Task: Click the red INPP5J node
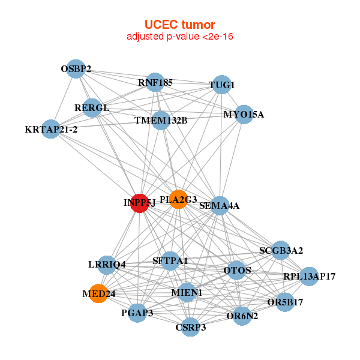pyautogui.click(x=139, y=203)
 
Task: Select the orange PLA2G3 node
pyautogui.click(x=178, y=199)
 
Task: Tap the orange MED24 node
pyautogui.click(x=98, y=293)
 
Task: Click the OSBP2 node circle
pyautogui.click(x=76, y=68)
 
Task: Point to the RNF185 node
pyautogui.click(x=155, y=82)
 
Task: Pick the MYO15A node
pyautogui.click(x=244, y=114)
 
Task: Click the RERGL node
pyautogui.click(x=92, y=108)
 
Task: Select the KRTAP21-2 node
pyautogui.click(x=51, y=129)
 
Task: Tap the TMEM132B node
pyautogui.click(x=161, y=120)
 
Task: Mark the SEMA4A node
pyautogui.click(x=220, y=206)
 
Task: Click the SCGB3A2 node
pyautogui.click(x=281, y=250)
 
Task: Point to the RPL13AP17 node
pyautogui.click(x=309, y=277)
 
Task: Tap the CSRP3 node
pyautogui.click(x=190, y=327)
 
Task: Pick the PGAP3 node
pyautogui.click(x=137, y=313)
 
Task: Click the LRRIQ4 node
pyautogui.click(x=107, y=264)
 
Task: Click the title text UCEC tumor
pyautogui.click(x=179, y=25)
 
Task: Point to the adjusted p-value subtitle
pyautogui.click(x=179, y=37)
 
